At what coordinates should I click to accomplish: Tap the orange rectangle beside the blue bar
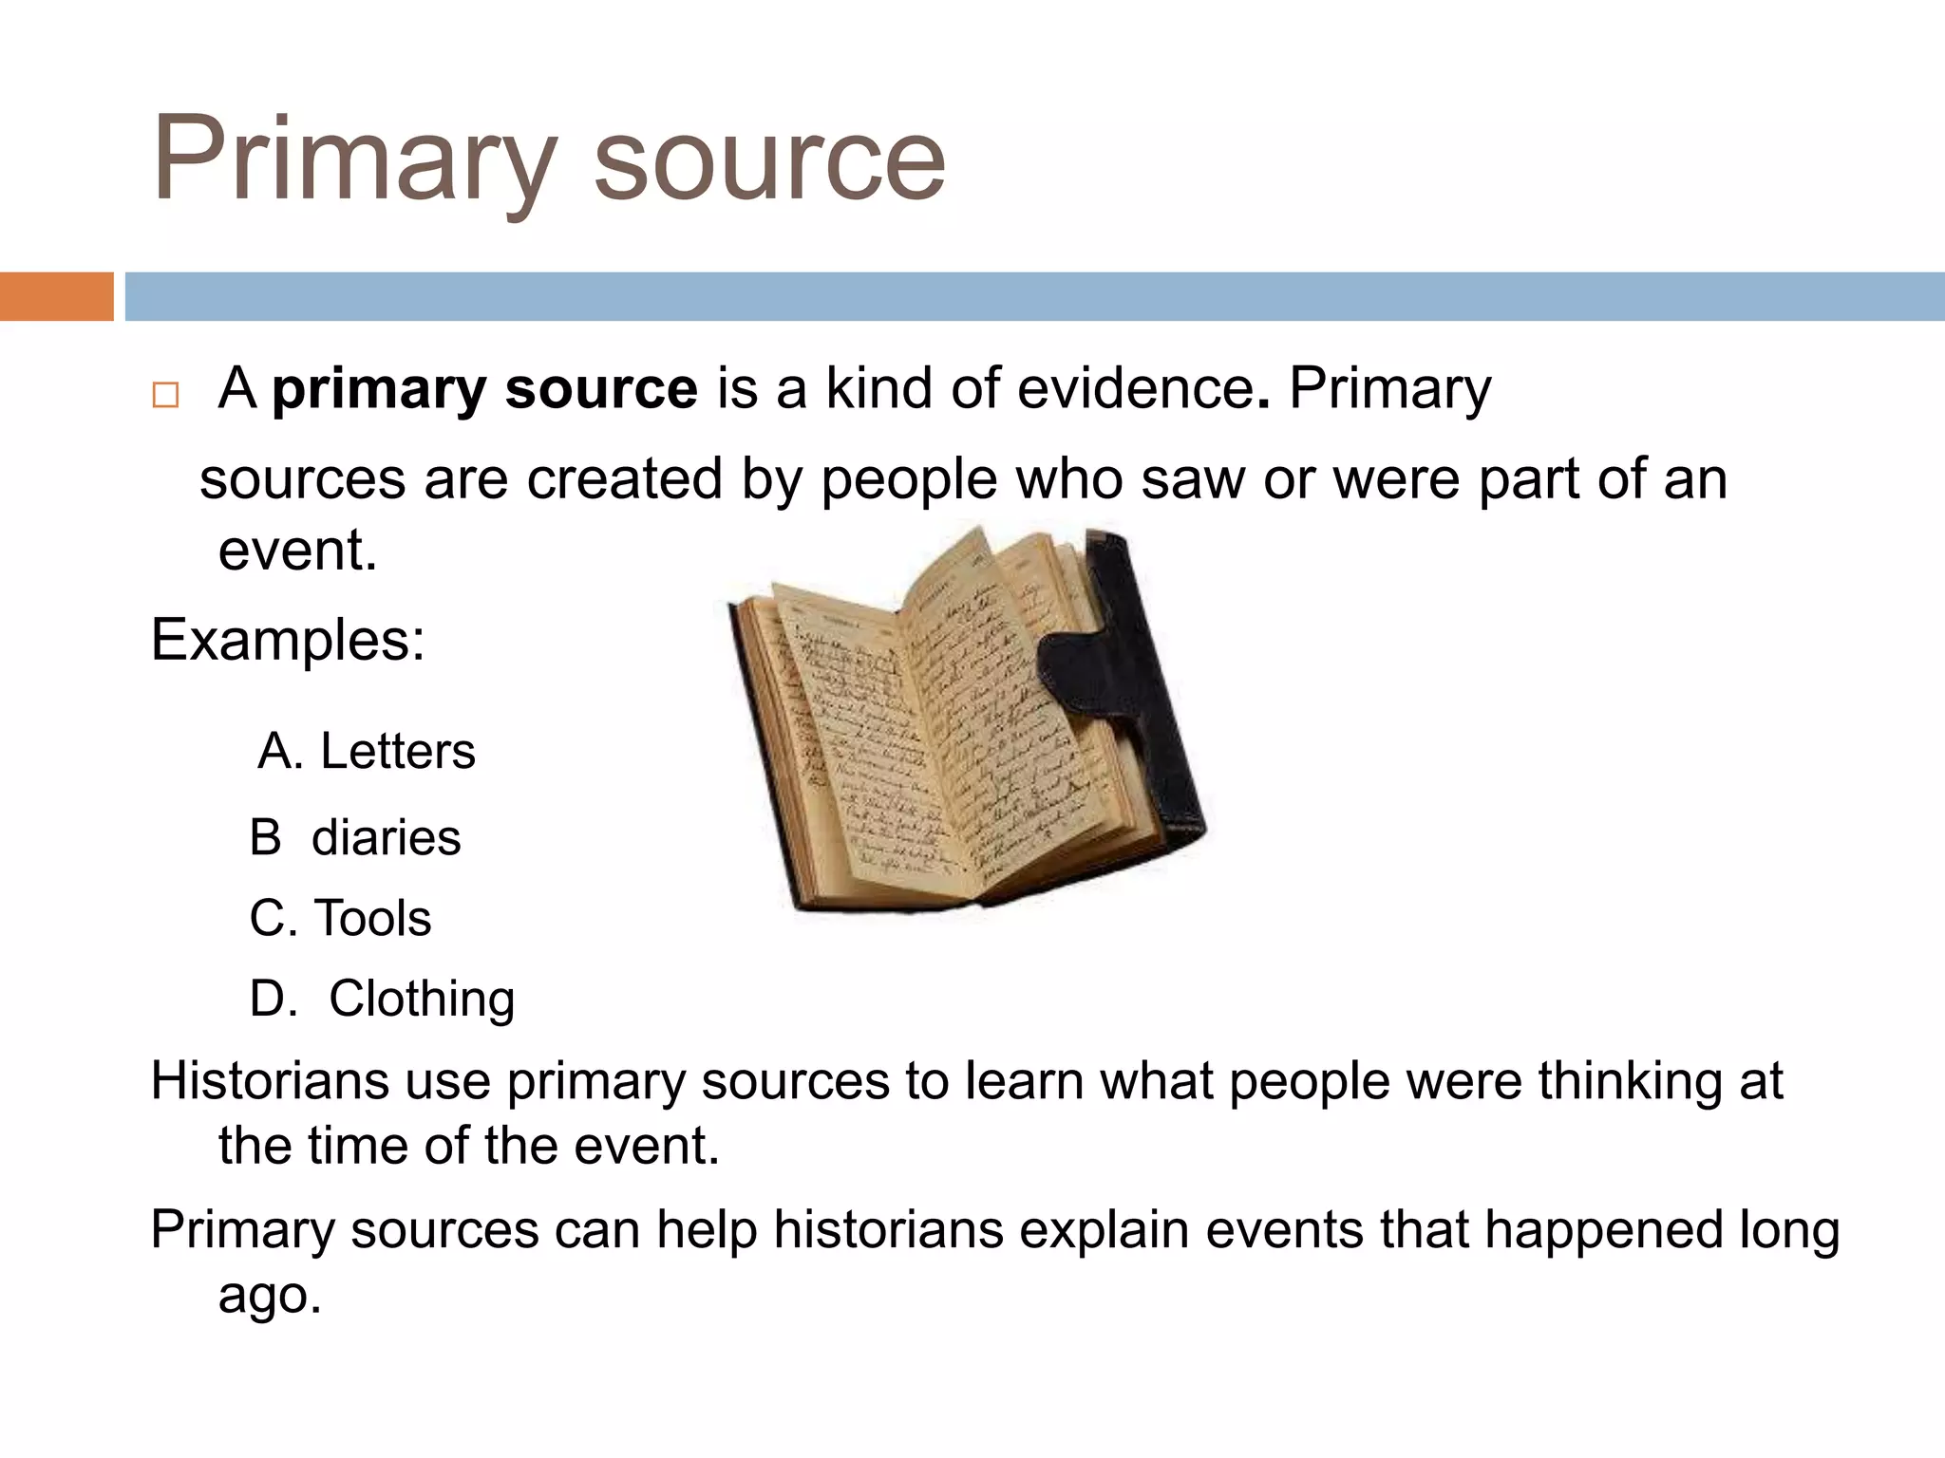[56, 296]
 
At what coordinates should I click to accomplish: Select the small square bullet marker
[165, 394]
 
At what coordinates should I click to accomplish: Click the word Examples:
[288, 640]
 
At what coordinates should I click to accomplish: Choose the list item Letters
[397, 751]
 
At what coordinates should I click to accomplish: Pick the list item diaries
[386, 837]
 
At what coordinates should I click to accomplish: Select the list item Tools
[372, 918]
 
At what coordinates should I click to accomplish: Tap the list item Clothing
[422, 999]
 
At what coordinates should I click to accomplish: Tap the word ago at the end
[269, 1296]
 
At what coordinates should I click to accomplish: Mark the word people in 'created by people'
[909, 479]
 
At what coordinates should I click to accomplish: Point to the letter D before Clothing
[273, 999]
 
